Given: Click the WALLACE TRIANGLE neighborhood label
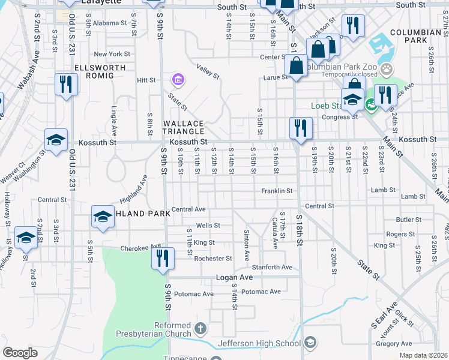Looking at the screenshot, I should point(184,127).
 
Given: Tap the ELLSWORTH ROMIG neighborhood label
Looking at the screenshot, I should point(100,71).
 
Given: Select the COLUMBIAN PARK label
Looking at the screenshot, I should point(415,36).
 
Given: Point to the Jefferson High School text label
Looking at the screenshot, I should point(259,343).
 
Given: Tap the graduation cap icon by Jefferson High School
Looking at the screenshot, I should point(310,343).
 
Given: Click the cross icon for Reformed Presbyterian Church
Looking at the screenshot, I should point(200,329).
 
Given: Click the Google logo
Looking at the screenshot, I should point(20,353).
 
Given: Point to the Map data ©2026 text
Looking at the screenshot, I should point(423,355).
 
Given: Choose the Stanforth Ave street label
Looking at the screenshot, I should point(272,267).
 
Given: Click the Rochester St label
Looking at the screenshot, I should point(212,259).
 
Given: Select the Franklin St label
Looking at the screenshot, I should point(276,191).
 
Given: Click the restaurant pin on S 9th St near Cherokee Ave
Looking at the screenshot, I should point(162,259).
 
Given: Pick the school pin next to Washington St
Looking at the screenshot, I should point(56,141).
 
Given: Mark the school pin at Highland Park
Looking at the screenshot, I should point(103,216).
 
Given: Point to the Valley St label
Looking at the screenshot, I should point(208,73).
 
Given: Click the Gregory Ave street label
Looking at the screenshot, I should point(393,344).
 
